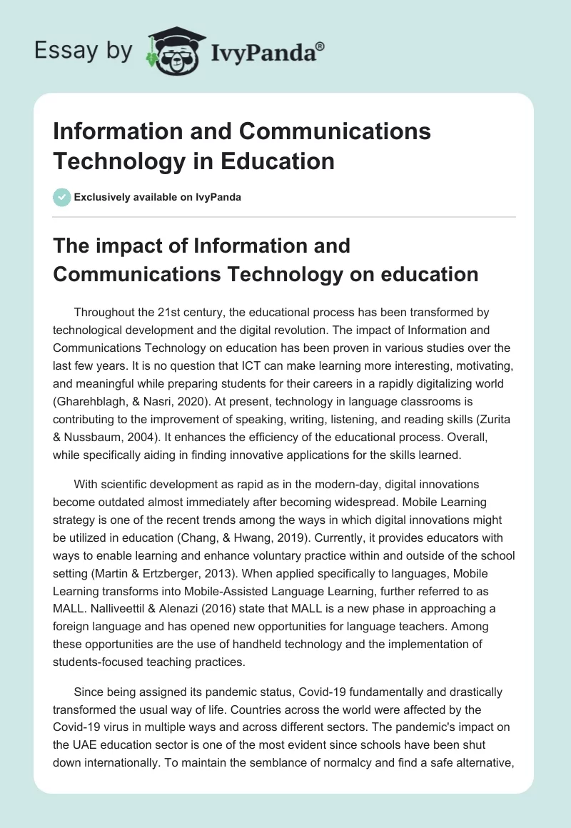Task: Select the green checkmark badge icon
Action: [x=62, y=197]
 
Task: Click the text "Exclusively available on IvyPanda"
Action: [x=158, y=198]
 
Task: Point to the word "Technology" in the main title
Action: [x=113, y=161]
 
